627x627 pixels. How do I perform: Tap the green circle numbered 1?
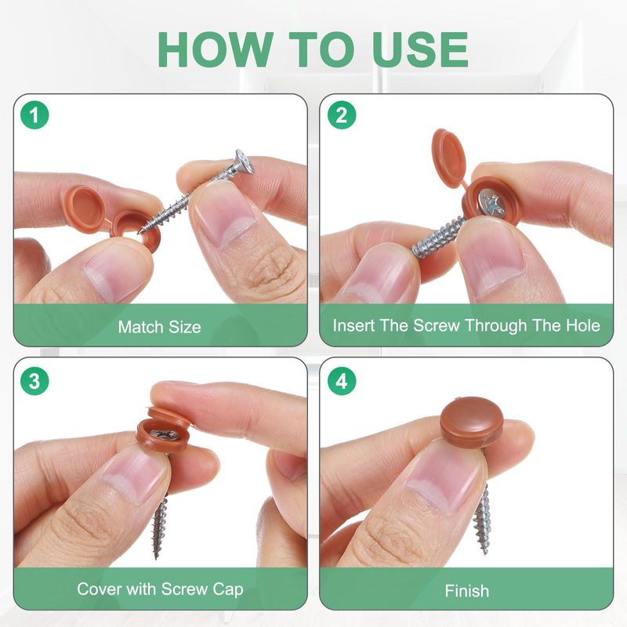(x=34, y=115)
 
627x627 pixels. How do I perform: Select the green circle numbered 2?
(x=342, y=115)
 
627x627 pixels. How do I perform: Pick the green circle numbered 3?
(x=34, y=381)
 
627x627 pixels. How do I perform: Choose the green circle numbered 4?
(x=342, y=381)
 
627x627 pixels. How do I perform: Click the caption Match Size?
(x=160, y=327)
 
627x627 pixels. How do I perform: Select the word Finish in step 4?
(x=466, y=591)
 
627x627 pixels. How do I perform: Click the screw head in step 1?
(x=244, y=162)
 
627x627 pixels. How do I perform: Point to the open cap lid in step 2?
(x=449, y=158)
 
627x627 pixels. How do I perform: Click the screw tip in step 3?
(x=156, y=557)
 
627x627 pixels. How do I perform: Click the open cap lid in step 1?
(x=85, y=208)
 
